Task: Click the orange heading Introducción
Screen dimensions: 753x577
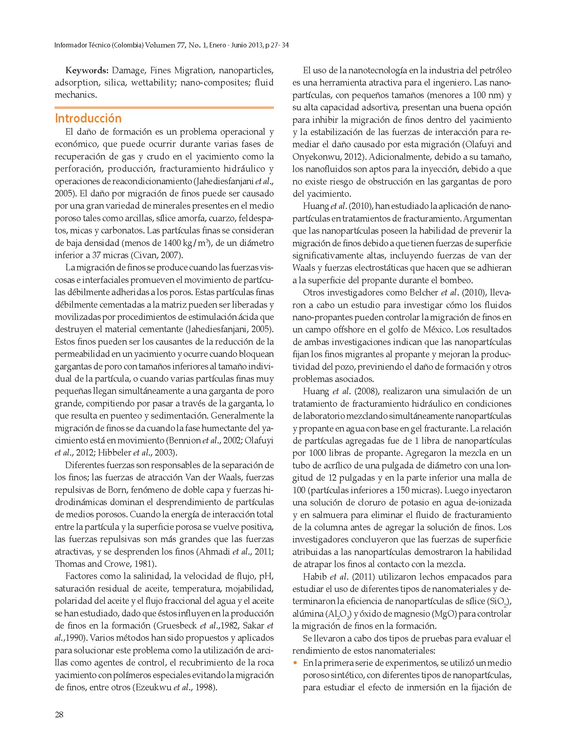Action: coord(88,118)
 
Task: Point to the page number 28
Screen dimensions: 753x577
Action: coord(59,715)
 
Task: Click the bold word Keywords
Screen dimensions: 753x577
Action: coord(86,71)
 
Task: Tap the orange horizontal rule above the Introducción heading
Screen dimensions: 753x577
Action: coord(164,108)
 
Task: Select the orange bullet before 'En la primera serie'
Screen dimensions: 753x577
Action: coord(295,663)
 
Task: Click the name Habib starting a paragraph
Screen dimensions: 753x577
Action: coord(315,576)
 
